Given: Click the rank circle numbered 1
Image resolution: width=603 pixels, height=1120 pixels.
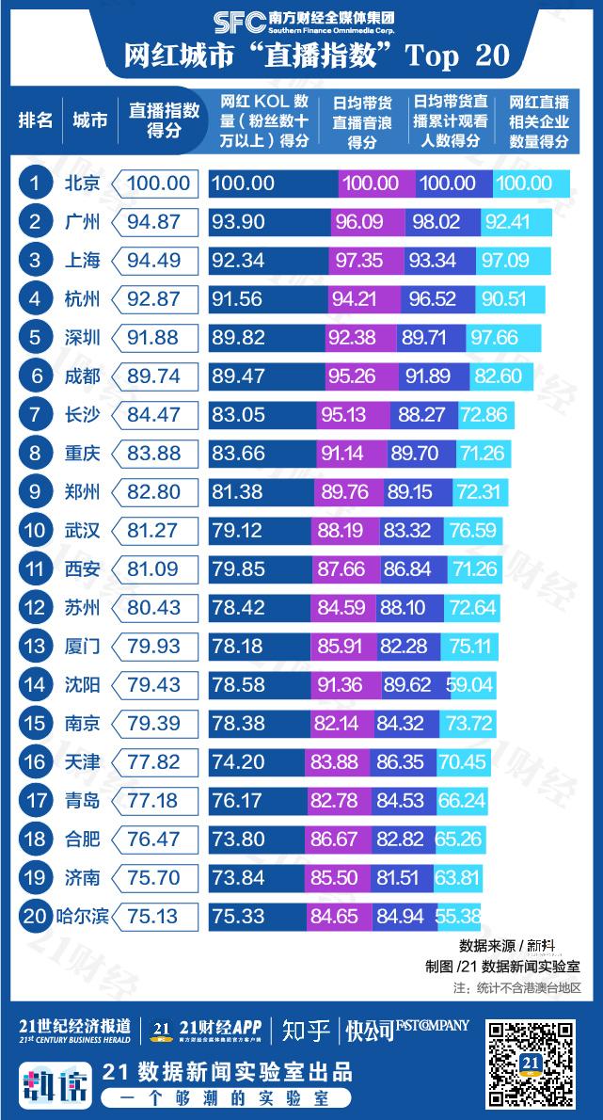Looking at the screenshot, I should point(35,183).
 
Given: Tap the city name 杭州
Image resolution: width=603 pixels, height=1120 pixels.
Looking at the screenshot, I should point(82,299).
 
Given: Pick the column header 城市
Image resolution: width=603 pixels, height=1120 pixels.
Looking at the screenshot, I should point(89,120).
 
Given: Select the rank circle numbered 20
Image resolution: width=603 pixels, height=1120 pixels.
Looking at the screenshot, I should point(35,916).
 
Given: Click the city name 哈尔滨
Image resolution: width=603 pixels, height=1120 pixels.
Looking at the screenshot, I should point(82,916).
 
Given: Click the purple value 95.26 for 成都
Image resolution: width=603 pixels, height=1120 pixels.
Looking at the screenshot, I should point(351,376).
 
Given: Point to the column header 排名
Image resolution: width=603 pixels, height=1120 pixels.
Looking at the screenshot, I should point(35,120).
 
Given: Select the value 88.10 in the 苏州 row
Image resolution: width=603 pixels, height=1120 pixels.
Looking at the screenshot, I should point(403,608).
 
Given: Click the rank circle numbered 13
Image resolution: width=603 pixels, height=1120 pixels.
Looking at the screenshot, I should point(35,647).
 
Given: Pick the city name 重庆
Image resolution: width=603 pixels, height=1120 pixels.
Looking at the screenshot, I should point(82,454).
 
